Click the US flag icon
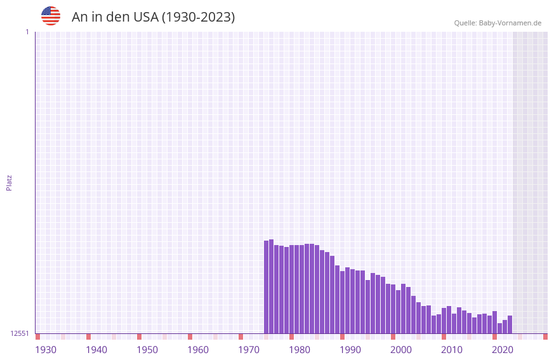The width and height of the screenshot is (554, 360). [x=51, y=16]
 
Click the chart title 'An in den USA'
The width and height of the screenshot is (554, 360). [x=153, y=17]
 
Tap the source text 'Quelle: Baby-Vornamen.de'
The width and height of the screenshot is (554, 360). [x=498, y=23]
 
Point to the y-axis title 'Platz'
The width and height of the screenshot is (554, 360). [x=9, y=183]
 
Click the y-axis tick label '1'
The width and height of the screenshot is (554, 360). [x=27, y=32]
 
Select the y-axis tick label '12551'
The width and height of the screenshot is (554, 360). [x=20, y=333]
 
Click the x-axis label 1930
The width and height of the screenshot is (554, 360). [x=46, y=350]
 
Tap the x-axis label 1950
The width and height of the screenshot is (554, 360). [x=147, y=350]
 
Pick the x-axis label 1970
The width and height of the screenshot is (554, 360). [x=249, y=350]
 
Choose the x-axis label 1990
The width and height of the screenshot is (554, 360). [x=350, y=350]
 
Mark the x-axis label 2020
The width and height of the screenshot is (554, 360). [x=503, y=350]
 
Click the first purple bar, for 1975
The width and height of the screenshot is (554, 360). [x=267, y=287]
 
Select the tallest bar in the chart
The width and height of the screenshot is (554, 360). [x=272, y=286]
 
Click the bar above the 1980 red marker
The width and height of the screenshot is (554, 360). [x=292, y=289]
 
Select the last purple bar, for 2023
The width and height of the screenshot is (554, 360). [x=510, y=324]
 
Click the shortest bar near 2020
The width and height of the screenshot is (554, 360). [x=499, y=328]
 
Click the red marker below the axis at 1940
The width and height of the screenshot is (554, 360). [x=89, y=337]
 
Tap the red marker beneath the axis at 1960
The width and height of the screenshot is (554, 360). [x=190, y=337]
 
